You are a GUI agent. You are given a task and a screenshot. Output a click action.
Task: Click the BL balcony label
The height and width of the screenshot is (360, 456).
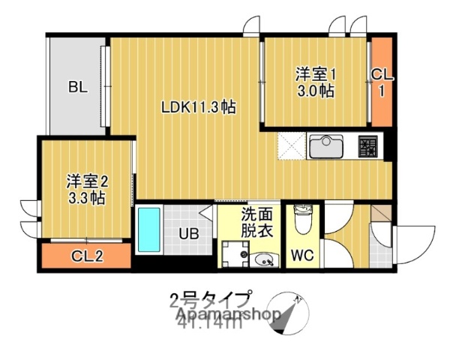click(78, 86)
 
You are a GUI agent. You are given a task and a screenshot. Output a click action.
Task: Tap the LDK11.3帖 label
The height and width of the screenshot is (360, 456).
click(199, 107)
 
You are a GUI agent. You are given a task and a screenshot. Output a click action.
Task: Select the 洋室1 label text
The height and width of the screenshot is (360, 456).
click(315, 74)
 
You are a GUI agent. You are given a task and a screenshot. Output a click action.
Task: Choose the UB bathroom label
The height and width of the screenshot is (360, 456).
click(188, 233)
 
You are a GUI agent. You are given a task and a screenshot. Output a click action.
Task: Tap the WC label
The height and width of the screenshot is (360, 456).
click(304, 255)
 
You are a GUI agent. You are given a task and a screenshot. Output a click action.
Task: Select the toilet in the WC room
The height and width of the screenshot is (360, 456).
click(304, 221)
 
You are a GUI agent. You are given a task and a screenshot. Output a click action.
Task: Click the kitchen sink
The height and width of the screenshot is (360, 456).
click(326, 145)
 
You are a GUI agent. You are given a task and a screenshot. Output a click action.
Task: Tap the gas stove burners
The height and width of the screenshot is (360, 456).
click(369, 145)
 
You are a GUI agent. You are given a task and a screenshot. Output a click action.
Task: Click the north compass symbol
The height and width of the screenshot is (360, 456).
click(288, 313)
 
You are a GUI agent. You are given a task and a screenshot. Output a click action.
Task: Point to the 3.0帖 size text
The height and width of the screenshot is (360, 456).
click(315, 91)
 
